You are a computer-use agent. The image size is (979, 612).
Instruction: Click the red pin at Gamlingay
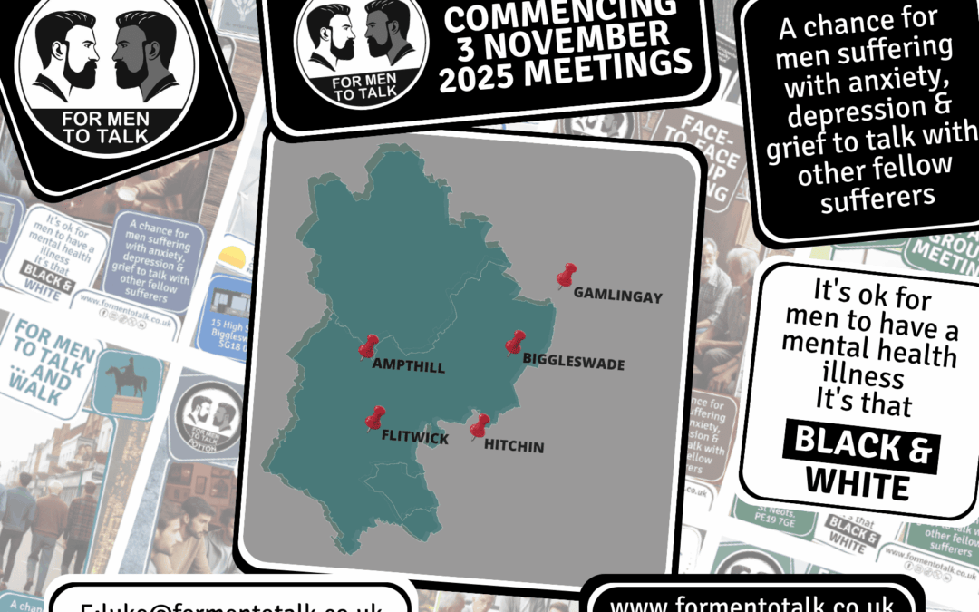pyautogui.click(x=567, y=276)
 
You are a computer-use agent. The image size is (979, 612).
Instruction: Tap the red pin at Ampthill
pyautogui.click(x=368, y=346)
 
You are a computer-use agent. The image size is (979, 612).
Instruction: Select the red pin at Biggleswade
pyautogui.click(x=515, y=343)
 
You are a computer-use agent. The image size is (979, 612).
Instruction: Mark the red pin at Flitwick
pyautogui.click(x=374, y=418)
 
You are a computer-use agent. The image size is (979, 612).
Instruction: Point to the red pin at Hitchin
pyautogui.click(x=480, y=426)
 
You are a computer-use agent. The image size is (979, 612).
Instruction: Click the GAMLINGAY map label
pyautogui.click(x=618, y=296)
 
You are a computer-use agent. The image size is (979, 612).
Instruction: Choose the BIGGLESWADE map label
pyautogui.click(x=574, y=364)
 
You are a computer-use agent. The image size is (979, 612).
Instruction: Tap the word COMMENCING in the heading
pyautogui.click(x=561, y=10)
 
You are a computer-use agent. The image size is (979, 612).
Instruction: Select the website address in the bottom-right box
pyautogui.click(x=752, y=602)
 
